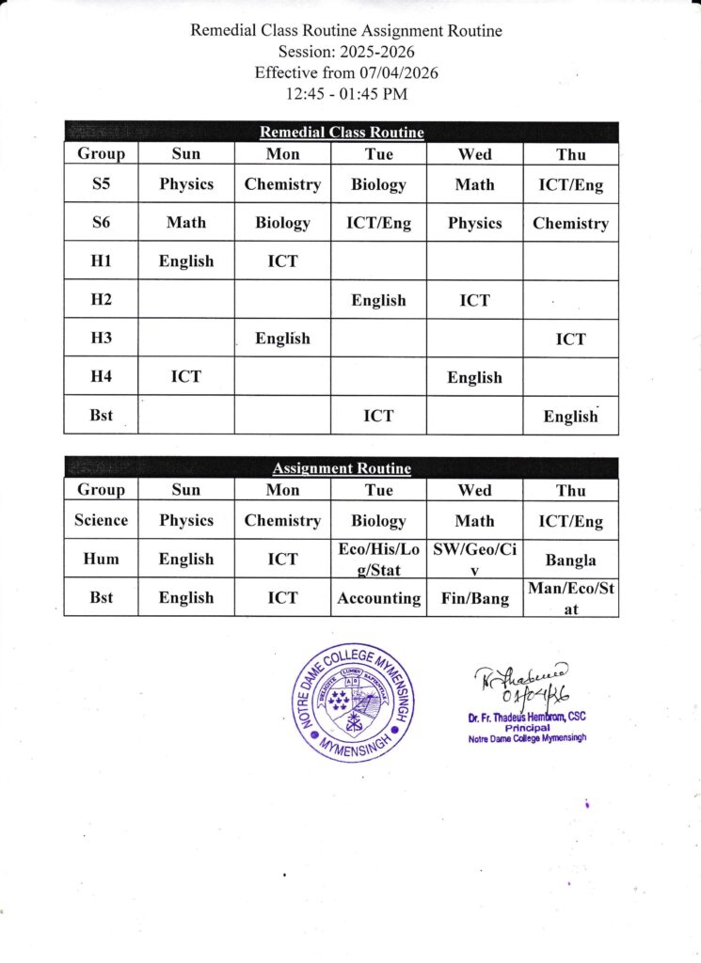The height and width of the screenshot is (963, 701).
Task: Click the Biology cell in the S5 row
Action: click(x=378, y=184)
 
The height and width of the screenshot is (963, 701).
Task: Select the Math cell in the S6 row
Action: click(x=186, y=223)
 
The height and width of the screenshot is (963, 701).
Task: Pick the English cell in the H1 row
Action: click(x=186, y=261)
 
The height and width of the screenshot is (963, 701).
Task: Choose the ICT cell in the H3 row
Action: click(x=570, y=339)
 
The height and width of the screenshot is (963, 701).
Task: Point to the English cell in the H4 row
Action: click(x=474, y=377)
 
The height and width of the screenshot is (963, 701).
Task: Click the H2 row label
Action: click(x=102, y=300)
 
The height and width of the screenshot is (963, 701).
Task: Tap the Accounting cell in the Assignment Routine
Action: click(x=378, y=598)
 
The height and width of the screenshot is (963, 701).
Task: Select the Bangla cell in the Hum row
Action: click(x=570, y=560)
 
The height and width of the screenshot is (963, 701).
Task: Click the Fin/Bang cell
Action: click(x=474, y=598)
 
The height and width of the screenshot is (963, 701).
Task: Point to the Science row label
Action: click(x=102, y=520)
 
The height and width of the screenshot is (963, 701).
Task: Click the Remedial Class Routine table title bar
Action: click(x=342, y=133)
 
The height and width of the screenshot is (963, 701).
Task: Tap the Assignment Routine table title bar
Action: click(x=342, y=468)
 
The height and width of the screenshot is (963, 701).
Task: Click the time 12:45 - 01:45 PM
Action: click(x=346, y=93)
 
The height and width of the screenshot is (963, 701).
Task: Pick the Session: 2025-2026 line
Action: click(x=346, y=52)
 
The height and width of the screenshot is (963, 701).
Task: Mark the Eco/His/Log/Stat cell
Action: click(x=378, y=559)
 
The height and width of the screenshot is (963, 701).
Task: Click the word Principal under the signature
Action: click(x=526, y=728)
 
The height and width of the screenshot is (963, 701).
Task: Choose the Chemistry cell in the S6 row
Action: click(x=570, y=223)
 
